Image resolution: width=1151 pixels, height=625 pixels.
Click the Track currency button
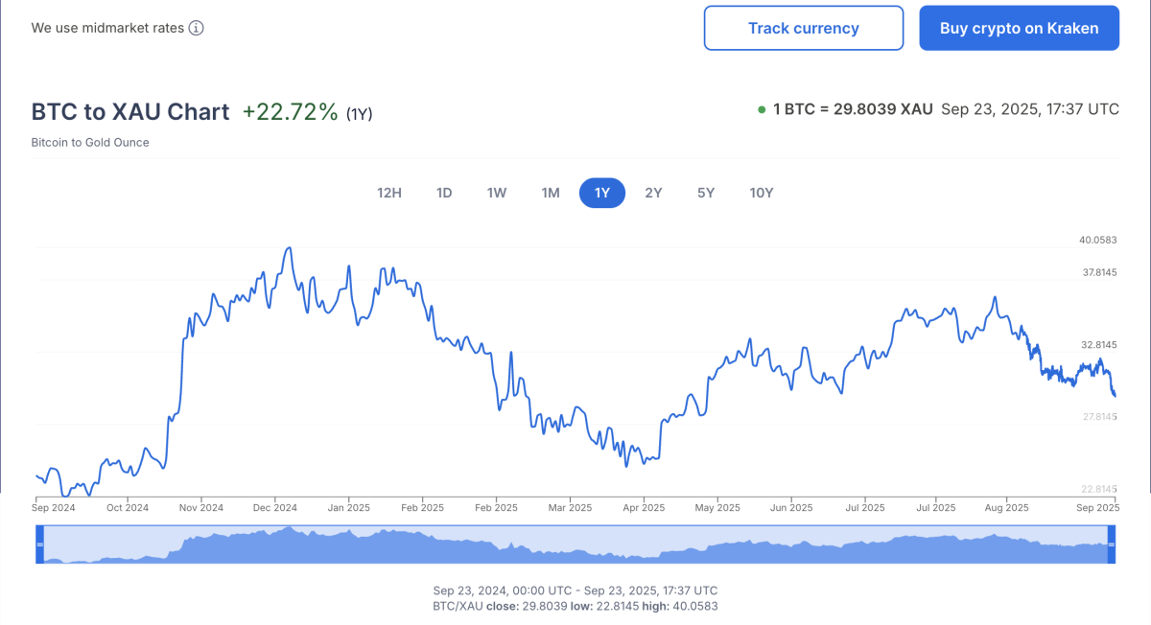(803, 28)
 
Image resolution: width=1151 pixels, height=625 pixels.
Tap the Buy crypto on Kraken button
(1019, 28)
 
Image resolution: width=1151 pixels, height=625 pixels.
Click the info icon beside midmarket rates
(196, 28)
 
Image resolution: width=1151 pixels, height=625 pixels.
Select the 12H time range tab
(389, 193)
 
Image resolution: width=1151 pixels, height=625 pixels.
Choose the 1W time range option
(497, 193)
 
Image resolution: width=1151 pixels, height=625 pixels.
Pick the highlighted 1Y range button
(601, 193)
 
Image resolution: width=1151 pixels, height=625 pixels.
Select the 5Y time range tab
(706, 193)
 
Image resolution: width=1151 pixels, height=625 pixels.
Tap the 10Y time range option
(762, 193)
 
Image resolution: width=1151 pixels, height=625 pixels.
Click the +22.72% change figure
(290, 112)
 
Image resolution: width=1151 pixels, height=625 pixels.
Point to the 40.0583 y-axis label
(1098, 240)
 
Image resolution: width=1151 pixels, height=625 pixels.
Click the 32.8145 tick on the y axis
(1098, 344)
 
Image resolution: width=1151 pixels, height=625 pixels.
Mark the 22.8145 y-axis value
(1098, 489)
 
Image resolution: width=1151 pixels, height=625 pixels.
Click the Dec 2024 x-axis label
(273, 507)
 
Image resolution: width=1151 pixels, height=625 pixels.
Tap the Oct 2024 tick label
(128, 507)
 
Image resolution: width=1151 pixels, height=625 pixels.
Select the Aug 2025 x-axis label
(1007, 507)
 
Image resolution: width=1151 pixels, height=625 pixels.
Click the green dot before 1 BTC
(762, 109)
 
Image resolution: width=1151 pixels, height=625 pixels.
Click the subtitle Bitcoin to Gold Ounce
(90, 143)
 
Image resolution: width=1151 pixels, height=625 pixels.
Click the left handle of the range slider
(40, 544)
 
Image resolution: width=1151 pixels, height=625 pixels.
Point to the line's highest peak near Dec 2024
(289, 247)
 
